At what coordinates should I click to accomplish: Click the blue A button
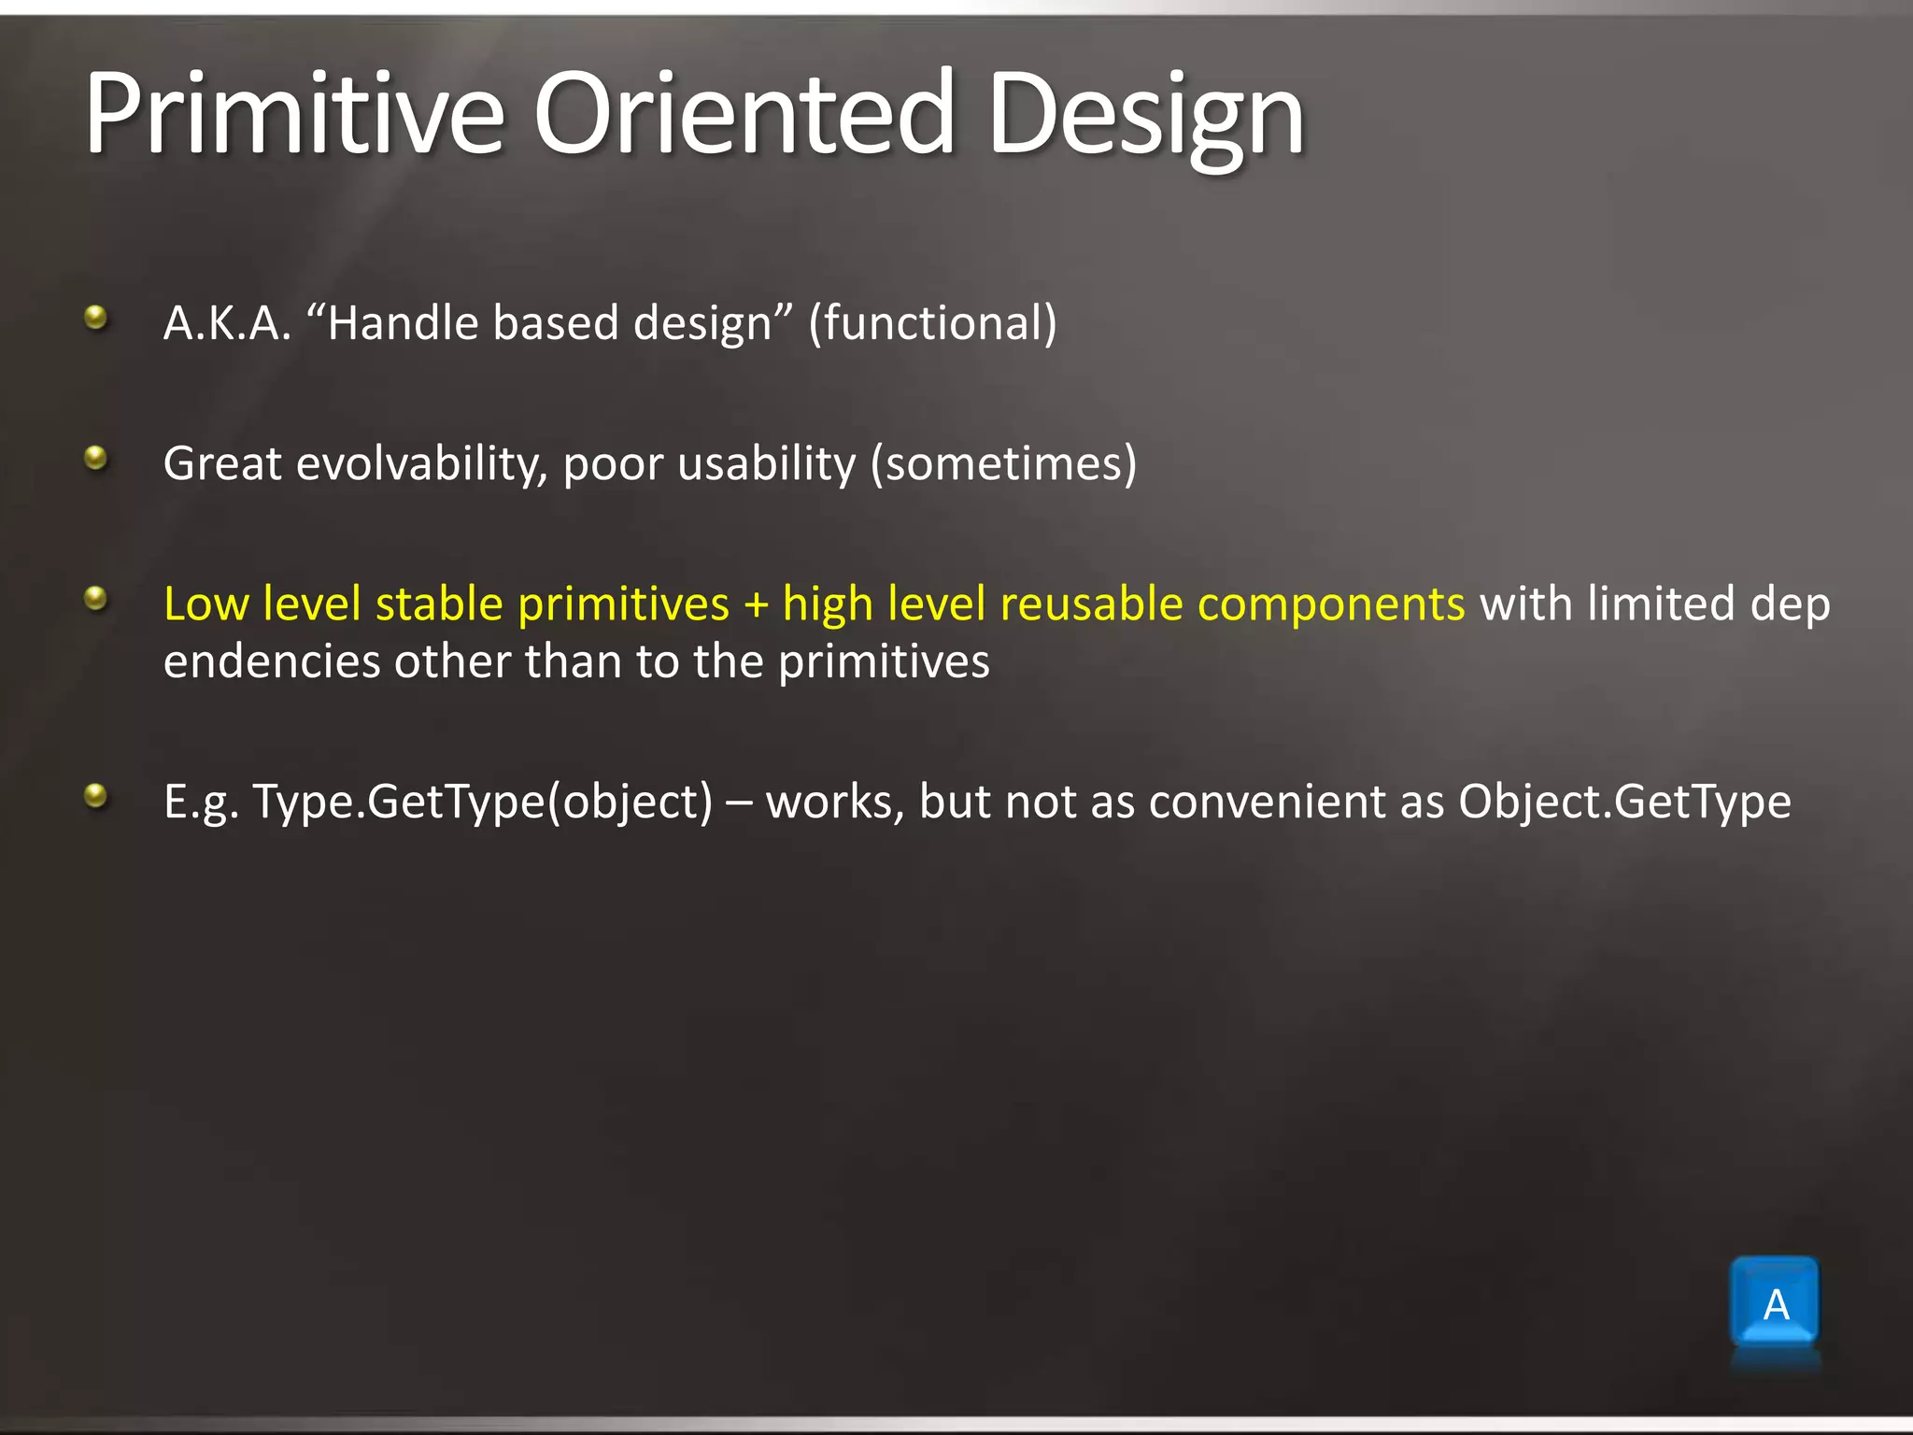pyautogui.click(x=1775, y=1302)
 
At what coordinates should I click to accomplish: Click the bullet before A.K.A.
pyautogui.click(x=95, y=319)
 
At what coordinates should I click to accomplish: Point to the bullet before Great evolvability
pyautogui.click(x=95, y=458)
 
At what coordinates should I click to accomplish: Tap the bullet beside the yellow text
pyautogui.click(x=95, y=598)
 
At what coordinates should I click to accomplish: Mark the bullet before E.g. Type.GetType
pyautogui.click(x=95, y=796)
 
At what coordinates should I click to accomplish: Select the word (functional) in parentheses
pyautogui.click(x=932, y=323)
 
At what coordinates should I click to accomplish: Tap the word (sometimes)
pyautogui.click(x=1003, y=464)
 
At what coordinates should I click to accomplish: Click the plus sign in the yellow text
pyautogui.click(x=756, y=604)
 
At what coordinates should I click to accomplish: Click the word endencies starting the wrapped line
pyautogui.click(x=271, y=662)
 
